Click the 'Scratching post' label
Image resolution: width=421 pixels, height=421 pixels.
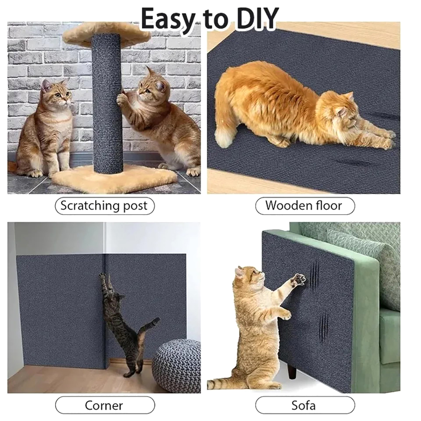point(104,206)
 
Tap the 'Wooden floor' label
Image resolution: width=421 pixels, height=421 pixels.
point(305,206)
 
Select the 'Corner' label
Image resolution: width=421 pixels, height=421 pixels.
point(105,405)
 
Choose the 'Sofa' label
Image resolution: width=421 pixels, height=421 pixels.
point(305,405)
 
